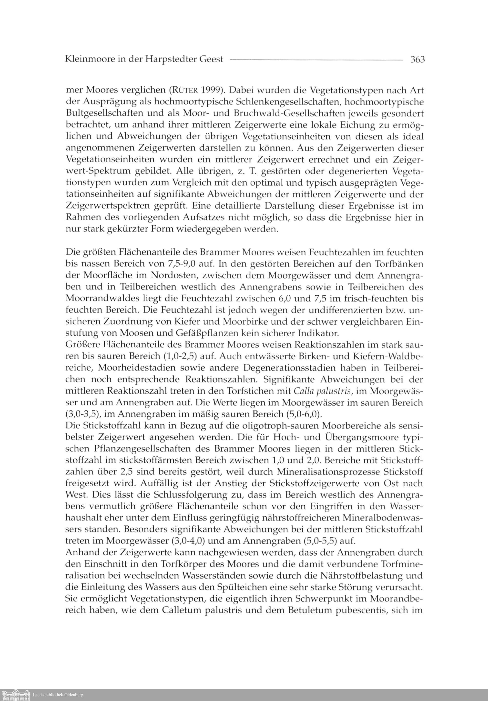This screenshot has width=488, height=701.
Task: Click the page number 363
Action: (x=417, y=59)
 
